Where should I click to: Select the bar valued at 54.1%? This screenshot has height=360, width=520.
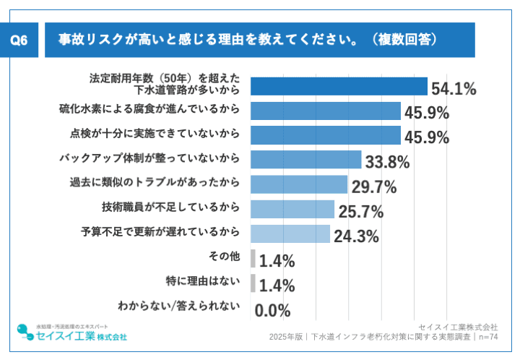[x=339, y=86]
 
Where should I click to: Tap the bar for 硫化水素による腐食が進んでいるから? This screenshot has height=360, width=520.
[x=325, y=111]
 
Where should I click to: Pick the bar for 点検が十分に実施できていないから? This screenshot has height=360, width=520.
[x=325, y=135]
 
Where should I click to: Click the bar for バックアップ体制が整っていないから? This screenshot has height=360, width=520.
[x=305, y=160]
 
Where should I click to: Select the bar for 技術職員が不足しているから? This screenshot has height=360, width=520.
[x=292, y=209]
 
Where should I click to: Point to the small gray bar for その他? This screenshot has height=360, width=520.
[x=253, y=258]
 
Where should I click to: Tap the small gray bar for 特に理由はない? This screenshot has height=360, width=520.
[x=253, y=283]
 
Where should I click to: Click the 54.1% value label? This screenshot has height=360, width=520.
[x=454, y=90]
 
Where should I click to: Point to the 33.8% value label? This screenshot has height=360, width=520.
[x=387, y=162]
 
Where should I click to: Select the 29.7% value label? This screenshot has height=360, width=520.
[x=374, y=187]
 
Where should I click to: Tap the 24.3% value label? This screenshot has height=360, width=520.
[x=356, y=236]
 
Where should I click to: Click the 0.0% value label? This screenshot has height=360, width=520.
[x=273, y=311]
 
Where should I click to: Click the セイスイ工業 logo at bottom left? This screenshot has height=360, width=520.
[x=71, y=336]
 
